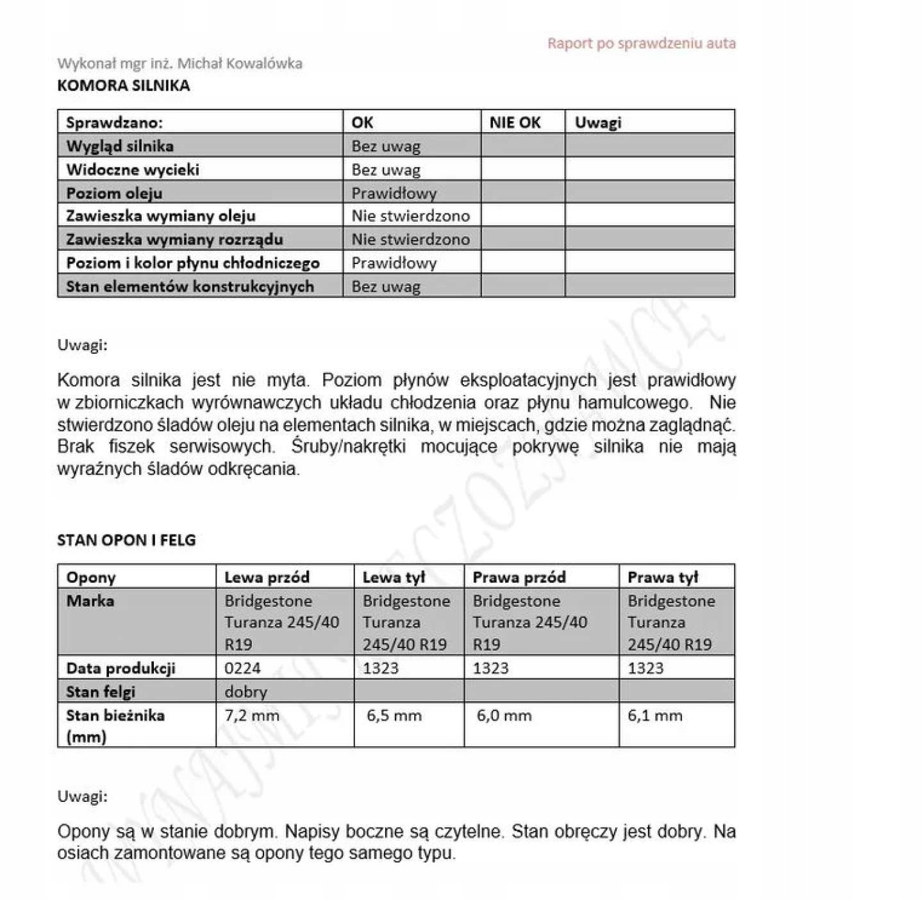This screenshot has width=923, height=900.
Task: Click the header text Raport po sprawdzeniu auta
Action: click(641, 44)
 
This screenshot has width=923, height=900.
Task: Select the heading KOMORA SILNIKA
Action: click(124, 85)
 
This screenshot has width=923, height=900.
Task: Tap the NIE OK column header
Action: click(515, 122)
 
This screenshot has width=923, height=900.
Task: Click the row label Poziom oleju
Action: click(114, 193)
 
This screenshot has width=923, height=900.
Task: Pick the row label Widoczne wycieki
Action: click(133, 170)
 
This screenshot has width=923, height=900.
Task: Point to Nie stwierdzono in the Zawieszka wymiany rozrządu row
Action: click(410, 239)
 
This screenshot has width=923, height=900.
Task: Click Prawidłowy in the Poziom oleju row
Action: click(394, 193)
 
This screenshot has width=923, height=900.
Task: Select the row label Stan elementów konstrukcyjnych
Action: click(190, 286)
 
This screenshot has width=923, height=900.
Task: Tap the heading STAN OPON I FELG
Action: click(126, 540)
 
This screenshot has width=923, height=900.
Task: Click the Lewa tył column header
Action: click(394, 577)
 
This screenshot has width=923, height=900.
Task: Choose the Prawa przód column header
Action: click(519, 577)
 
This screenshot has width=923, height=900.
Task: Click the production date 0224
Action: click(242, 668)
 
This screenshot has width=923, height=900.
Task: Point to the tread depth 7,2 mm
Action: click(252, 715)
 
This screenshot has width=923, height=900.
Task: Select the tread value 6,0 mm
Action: click(504, 715)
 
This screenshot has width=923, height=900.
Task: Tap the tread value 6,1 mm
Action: click(654, 715)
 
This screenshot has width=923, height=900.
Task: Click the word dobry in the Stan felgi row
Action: click(245, 692)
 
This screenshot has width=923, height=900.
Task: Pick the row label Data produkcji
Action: click(121, 668)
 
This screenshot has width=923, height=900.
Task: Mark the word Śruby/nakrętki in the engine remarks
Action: click(348, 446)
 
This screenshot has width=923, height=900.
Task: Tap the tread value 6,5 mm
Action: click(394, 715)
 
